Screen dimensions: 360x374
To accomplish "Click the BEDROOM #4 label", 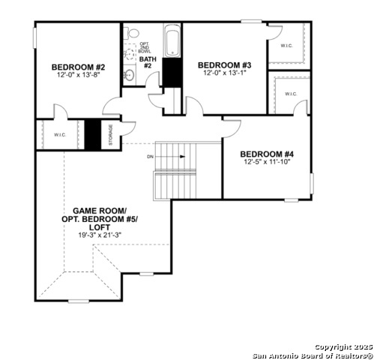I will pyautogui.click(x=267, y=153).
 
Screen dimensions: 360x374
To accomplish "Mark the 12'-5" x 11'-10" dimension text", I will pyautogui.click(x=267, y=161).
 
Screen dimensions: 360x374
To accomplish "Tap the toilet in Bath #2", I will pyautogui.click(x=132, y=33).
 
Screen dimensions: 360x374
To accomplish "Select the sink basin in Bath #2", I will pyautogui.click(x=129, y=75).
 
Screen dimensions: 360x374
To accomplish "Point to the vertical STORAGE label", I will pyautogui.click(x=110, y=135).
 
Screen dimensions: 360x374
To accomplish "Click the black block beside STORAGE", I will pyautogui.click(x=92, y=134).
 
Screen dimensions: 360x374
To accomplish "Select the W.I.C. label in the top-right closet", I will pyautogui.click(x=286, y=45).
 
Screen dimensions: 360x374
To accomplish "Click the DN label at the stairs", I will pyautogui.click(x=151, y=157).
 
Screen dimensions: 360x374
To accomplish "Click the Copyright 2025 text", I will pyautogui.click(x=342, y=346).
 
